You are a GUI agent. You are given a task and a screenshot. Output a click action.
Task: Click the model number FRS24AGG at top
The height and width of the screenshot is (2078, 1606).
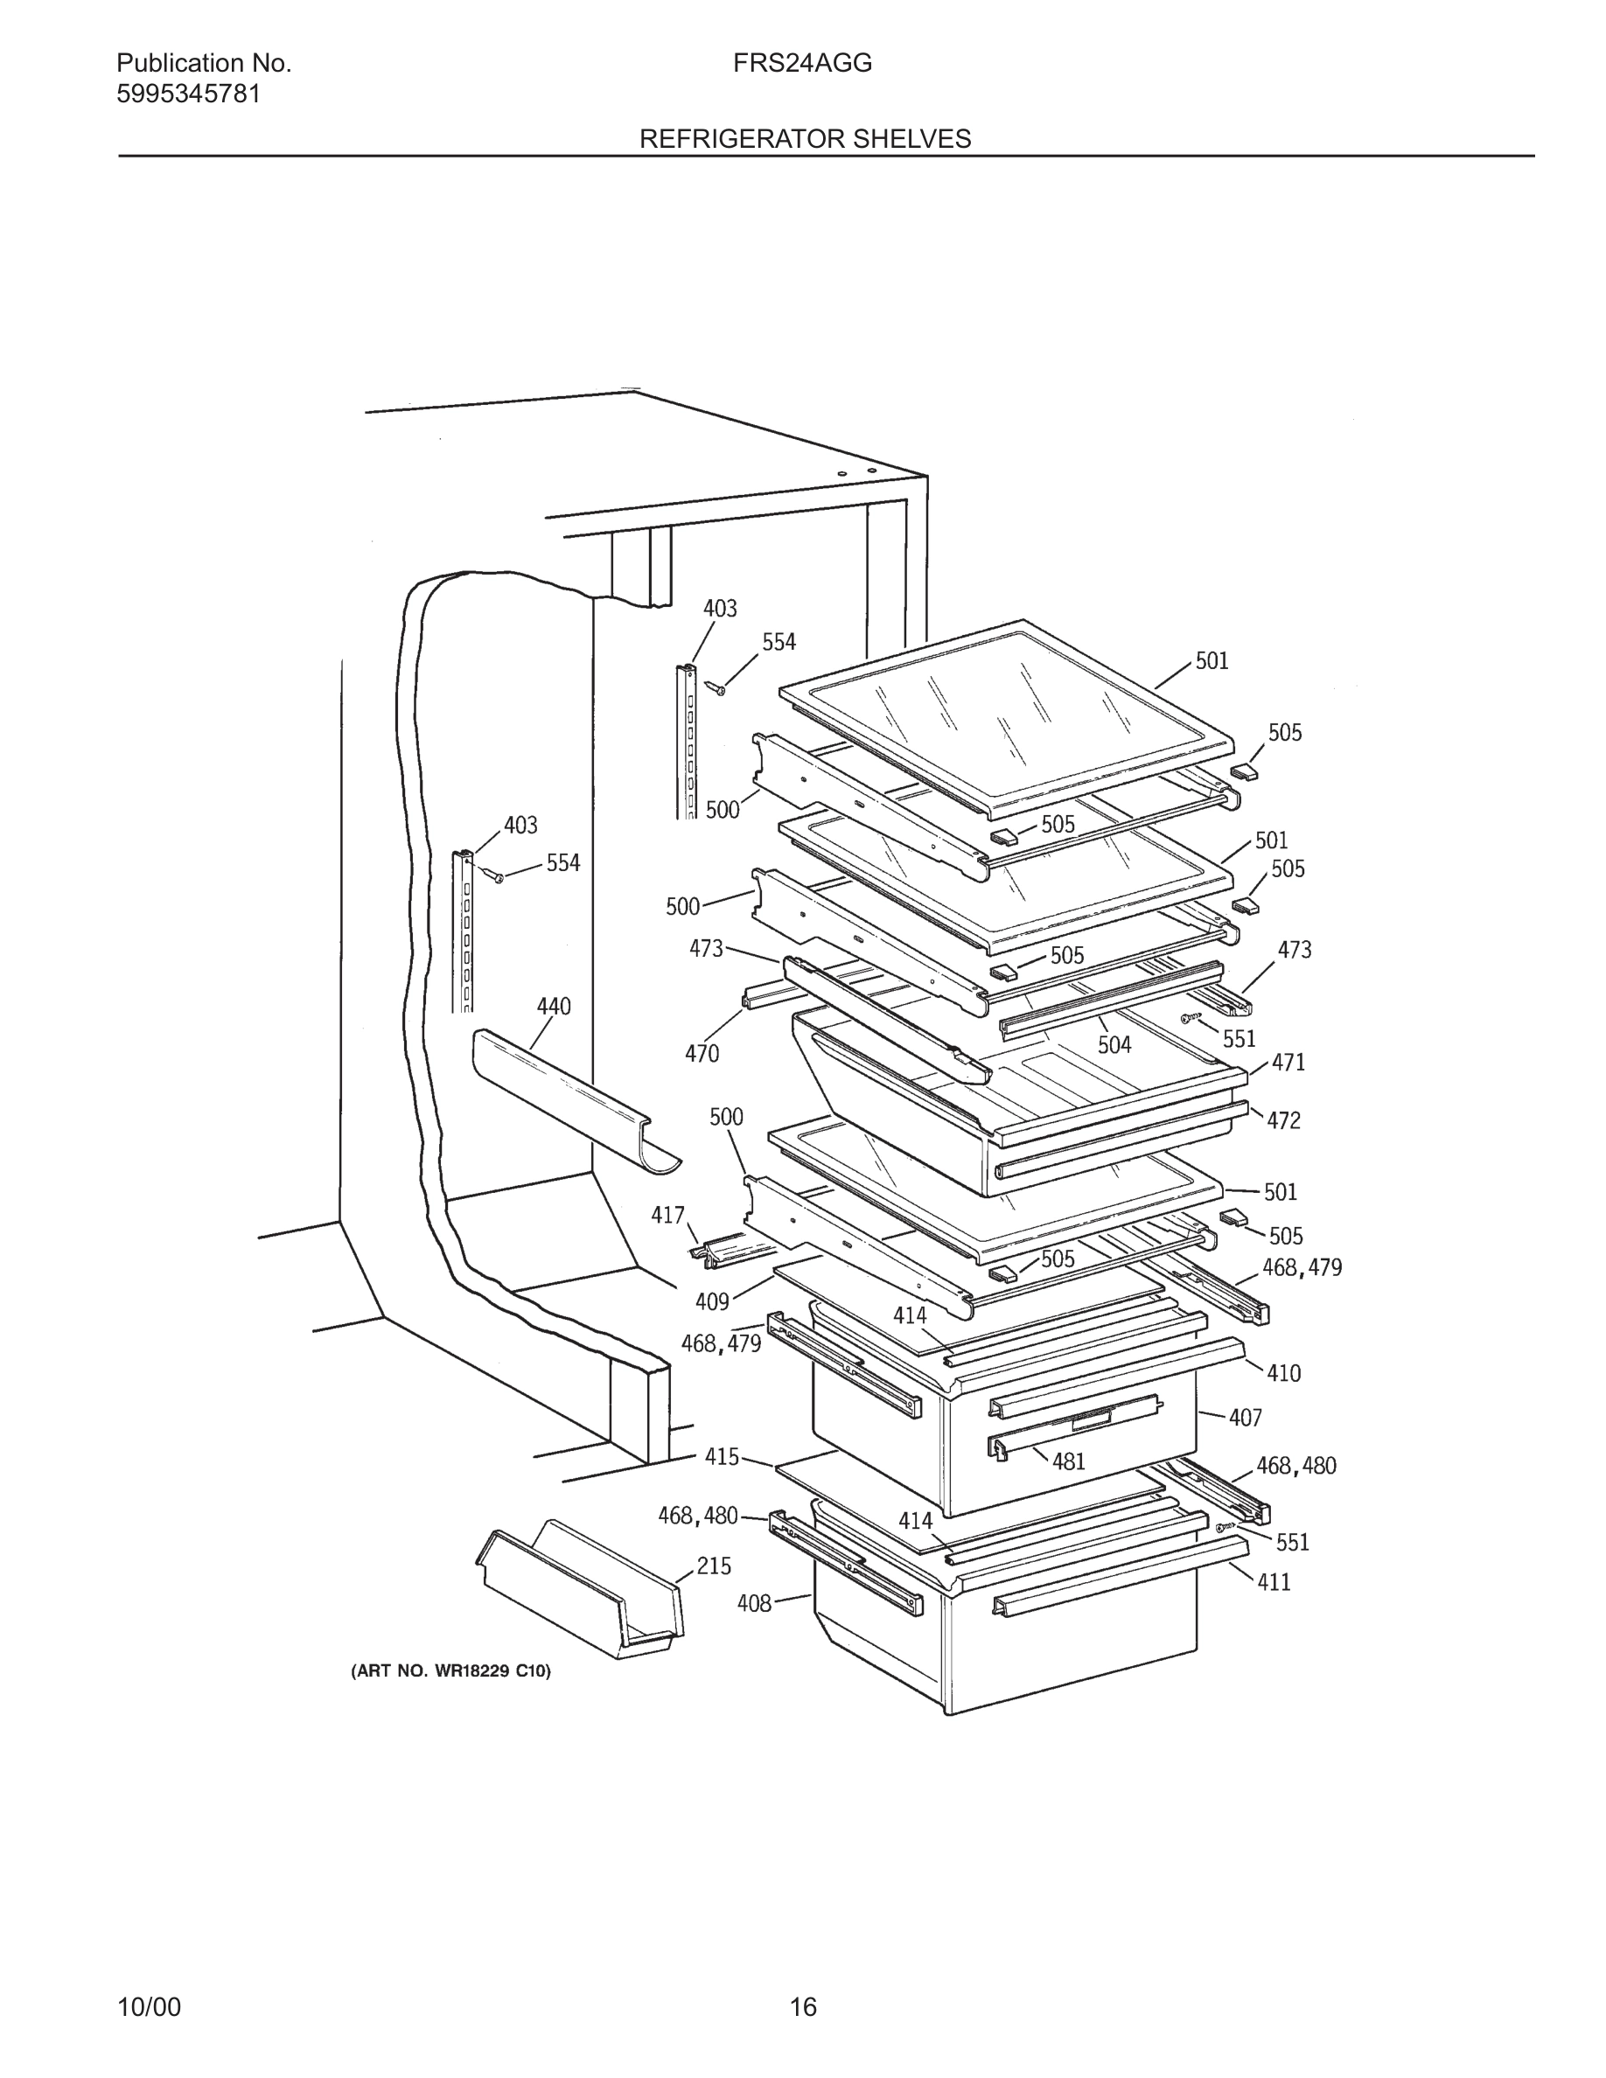pos(802,64)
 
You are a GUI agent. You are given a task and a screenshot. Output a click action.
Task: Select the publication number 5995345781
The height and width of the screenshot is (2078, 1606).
pos(188,94)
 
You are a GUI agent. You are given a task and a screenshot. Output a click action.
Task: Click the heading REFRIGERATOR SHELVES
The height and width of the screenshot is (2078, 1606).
pos(805,139)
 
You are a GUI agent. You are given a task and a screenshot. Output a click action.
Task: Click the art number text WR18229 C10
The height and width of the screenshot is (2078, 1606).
pos(451,1670)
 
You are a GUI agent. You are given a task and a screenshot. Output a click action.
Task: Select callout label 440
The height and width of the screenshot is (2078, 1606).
pos(554,1007)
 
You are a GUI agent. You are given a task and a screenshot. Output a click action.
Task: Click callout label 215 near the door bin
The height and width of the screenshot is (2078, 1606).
pos(714,1565)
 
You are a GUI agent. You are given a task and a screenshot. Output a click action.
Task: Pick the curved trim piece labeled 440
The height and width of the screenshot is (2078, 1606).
pos(571,1094)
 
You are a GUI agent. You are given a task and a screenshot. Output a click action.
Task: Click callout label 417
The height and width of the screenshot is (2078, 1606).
pos(668,1215)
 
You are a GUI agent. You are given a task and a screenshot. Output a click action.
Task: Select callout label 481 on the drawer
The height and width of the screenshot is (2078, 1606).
pos(1068,1461)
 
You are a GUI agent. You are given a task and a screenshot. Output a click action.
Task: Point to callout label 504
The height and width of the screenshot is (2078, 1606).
pos(1114,1045)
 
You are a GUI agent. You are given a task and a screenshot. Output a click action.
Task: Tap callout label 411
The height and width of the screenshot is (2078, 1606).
pos(1273,1581)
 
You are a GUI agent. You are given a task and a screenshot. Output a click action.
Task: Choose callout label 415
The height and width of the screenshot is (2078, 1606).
pos(723,1456)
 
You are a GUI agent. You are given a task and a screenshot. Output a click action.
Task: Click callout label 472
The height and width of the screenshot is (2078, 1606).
pos(1282,1121)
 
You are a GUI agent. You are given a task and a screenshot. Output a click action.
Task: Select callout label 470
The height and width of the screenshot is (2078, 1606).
pos(702,1053)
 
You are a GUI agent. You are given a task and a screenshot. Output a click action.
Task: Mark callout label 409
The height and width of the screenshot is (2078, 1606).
pos(712,1301)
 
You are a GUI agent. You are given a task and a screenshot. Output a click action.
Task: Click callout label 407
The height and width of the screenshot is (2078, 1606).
pos(1245,1418)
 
